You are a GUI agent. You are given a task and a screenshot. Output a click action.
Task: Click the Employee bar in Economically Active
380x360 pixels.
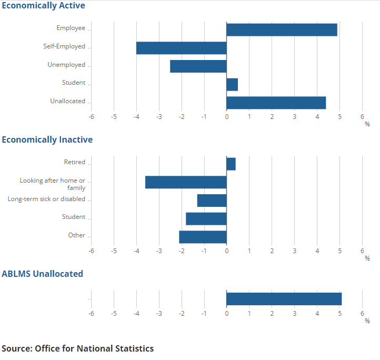point(282,29)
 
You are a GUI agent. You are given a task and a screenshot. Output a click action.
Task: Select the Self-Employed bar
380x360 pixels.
point(181,48)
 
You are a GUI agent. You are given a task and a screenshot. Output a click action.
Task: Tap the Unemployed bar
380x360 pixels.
point(198,66)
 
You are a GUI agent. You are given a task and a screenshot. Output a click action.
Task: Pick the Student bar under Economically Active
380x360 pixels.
point(232,84)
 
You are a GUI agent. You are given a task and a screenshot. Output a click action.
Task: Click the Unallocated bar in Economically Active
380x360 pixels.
point(276,103)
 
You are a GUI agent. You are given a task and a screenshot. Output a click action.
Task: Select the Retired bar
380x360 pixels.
point(231,164)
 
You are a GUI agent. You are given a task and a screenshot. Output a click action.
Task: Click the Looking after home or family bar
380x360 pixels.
point(186,182)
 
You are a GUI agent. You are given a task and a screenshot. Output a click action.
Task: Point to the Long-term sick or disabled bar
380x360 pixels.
point(212,201)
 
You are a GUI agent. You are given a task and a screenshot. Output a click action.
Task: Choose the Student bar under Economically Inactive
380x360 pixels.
point(206,218)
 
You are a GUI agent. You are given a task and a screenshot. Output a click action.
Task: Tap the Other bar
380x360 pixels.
point(203,237)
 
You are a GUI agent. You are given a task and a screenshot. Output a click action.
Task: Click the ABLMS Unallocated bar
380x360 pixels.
point(284,299)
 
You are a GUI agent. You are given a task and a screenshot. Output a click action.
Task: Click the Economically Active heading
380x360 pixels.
point(43,5)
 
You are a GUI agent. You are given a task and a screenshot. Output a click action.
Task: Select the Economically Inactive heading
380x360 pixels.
point(47,139)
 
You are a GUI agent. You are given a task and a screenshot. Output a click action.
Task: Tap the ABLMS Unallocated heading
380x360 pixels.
point(42,274)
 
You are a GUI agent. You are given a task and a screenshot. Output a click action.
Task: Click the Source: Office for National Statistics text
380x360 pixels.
point(78,348)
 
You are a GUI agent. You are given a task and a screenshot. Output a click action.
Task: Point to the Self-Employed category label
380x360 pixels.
point(64,46)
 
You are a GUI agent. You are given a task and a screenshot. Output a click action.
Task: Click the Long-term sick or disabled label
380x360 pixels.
point(46,199)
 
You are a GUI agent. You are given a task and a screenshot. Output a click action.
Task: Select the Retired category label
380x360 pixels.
point(74,162)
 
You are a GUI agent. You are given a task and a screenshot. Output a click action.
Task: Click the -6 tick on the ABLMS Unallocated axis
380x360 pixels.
point(91,313)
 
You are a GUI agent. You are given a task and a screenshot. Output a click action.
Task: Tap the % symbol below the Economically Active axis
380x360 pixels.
point(367,124)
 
